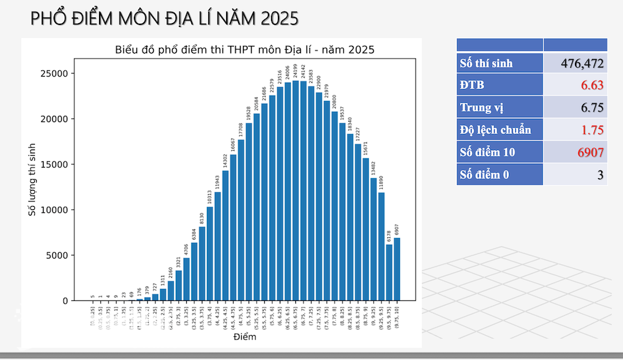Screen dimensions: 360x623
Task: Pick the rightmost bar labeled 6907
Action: click(x=397, y=269)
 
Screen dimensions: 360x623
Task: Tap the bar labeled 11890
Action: click(x=381, y=247)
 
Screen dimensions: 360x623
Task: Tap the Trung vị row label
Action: click(x=482, y=107)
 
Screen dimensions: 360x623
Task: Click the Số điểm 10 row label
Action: click(x=488, y=152)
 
